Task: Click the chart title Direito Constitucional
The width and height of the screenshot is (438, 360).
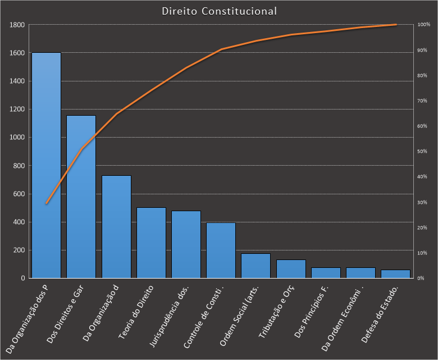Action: coord(219,11)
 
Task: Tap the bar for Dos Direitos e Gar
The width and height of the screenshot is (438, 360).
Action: coord(81,197)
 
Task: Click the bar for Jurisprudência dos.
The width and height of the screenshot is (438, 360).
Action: coord(186,244)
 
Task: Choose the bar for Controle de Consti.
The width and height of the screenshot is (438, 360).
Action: coord(221,250)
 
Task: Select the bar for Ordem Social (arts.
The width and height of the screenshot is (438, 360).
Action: coord(255,266)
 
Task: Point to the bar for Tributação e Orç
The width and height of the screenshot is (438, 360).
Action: coord(291,268)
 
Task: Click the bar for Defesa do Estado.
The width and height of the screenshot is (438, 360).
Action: coord(395,274)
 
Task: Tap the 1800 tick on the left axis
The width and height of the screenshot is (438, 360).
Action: coord(17,25)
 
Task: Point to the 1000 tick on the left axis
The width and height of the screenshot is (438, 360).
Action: coord(17,138)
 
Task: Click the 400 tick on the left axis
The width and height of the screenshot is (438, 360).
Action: coord(18,222)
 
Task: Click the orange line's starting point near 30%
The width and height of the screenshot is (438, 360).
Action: coord(46,203)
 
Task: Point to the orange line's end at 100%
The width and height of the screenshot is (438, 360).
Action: coord(396,25)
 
